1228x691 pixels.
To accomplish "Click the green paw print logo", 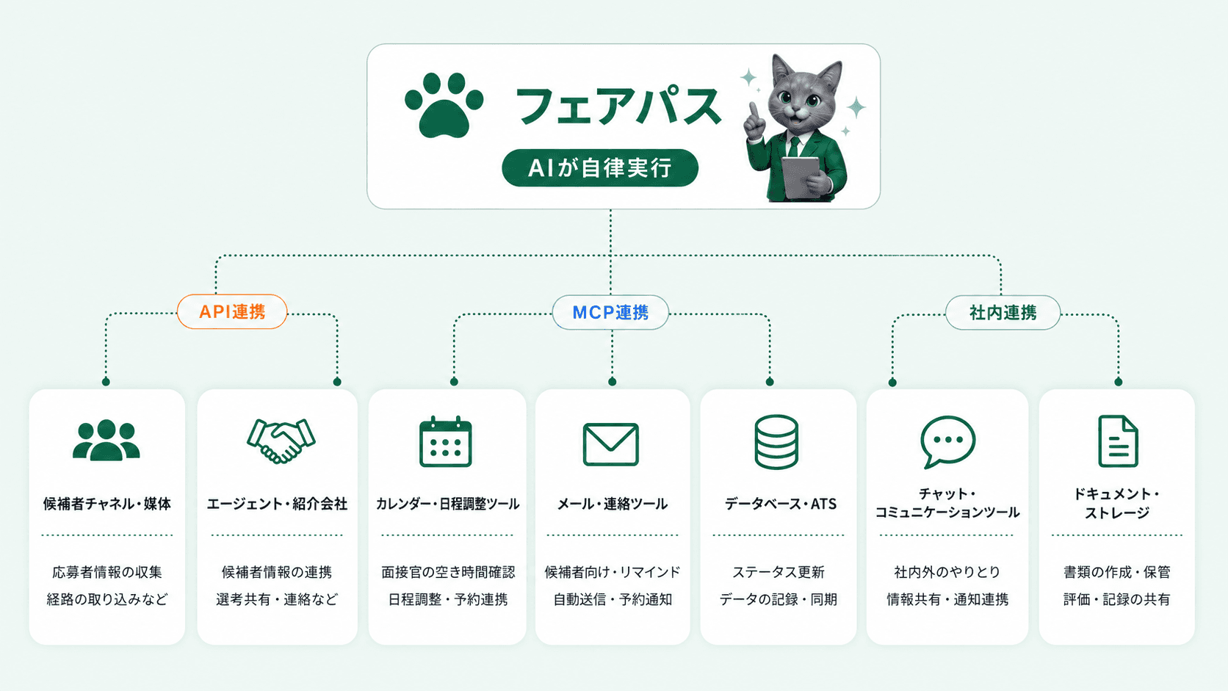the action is point(444,105).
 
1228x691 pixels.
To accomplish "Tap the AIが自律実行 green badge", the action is point(600,167).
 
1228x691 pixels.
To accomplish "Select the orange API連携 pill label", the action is point(232,312).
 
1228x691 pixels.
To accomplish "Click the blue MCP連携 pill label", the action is point(610,312).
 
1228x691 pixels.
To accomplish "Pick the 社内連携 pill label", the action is point(1003,312).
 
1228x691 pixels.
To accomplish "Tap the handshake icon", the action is point(281,441).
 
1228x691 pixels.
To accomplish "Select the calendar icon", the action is point(445,441).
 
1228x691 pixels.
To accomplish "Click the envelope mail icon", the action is point(611,444).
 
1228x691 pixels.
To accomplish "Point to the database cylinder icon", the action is point(776,441).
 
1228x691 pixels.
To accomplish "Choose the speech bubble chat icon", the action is point(947,441).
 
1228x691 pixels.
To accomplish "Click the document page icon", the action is point(1119,441).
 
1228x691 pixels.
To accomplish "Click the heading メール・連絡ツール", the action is point(613,504).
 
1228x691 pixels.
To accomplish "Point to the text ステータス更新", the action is point(779,572).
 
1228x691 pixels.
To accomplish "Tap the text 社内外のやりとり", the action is point(947,572).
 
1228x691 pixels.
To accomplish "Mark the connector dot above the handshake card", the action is point(337,381).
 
